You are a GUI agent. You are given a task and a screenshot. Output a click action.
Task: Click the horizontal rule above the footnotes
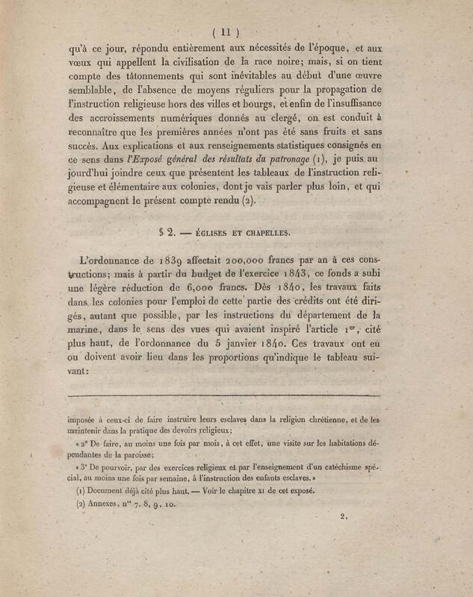[224, 396]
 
